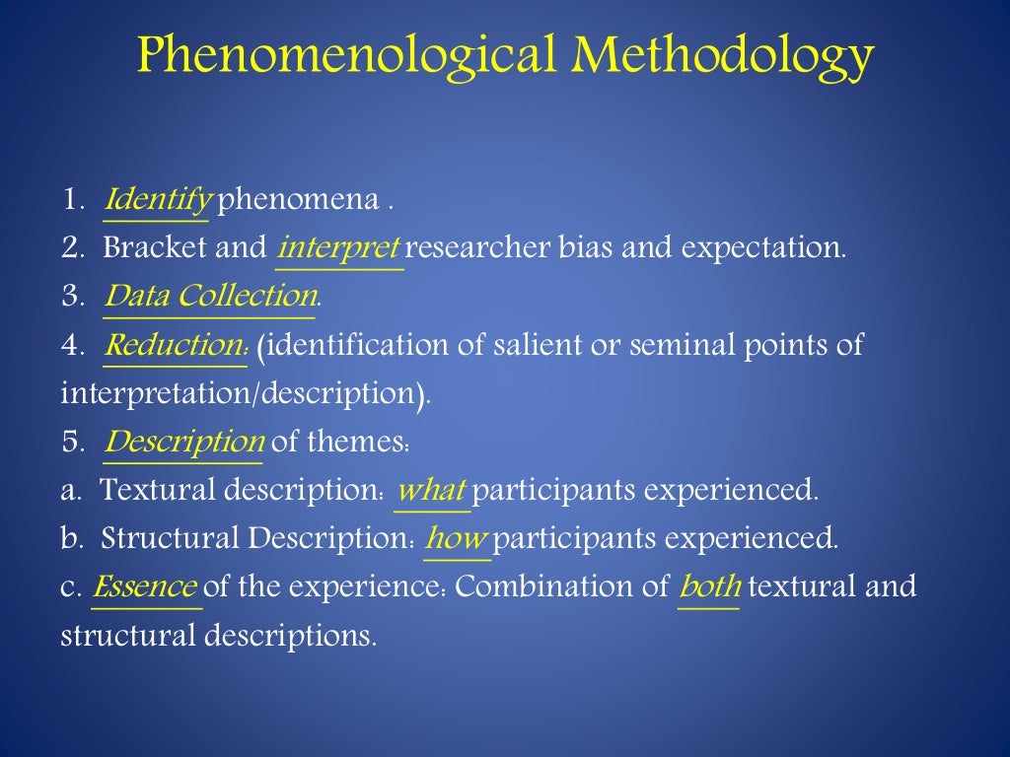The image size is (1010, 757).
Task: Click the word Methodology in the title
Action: tap(721, 56)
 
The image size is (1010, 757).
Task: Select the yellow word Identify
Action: tap(158, 200)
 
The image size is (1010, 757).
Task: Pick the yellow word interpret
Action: tap(338, 247)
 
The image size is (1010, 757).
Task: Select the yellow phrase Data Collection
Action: tap(211, 296)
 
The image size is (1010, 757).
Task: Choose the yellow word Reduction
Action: tap(175, 345)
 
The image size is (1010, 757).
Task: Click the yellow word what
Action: tap(431, 490)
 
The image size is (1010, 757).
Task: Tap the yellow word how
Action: tap(457, 538)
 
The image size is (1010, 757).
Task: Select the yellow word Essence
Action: tap(145, 587)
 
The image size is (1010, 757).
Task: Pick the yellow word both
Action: tap(709, 587)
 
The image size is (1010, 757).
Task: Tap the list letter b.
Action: tap(69, 538)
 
